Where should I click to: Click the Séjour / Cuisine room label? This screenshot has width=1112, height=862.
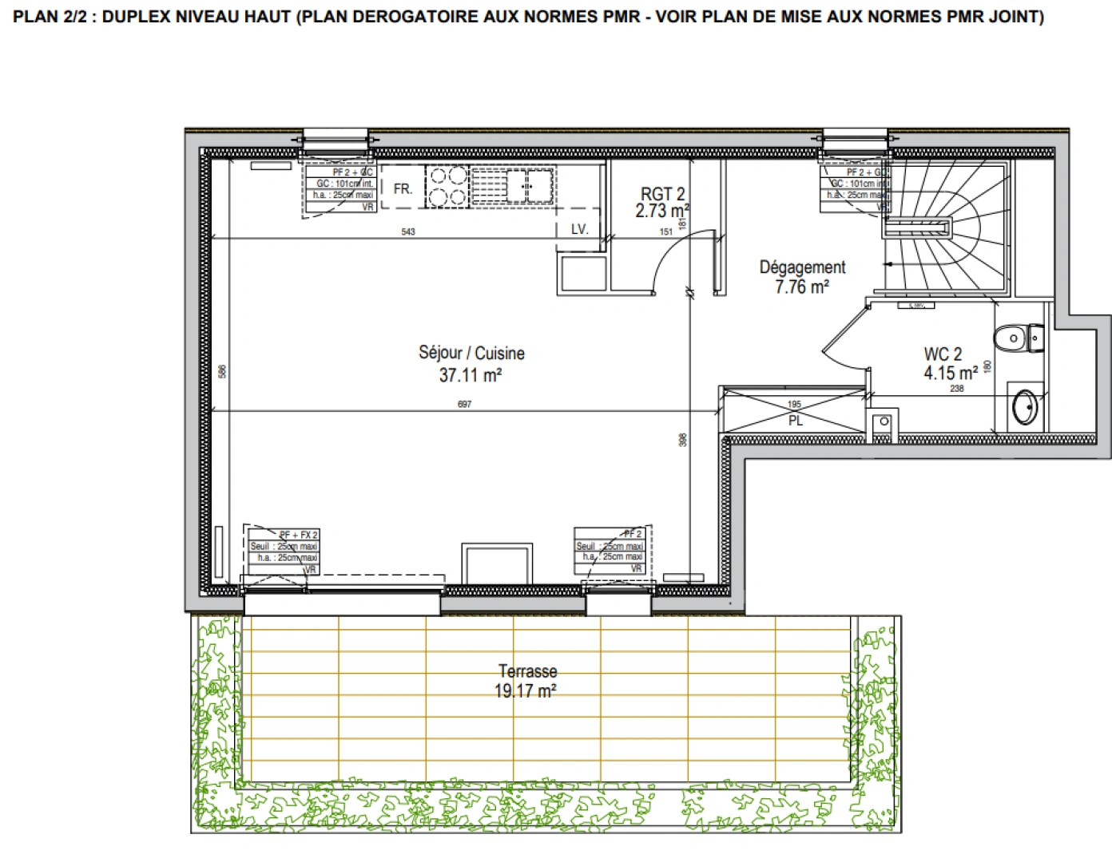(471, 353)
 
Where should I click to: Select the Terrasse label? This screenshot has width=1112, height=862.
(527, 671)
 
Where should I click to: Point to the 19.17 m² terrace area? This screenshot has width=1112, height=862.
(525, 690)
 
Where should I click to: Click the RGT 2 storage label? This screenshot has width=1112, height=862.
(662, 194)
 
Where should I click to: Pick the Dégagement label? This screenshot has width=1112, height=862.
(802, 267)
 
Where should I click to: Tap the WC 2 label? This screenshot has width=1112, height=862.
(943, 354)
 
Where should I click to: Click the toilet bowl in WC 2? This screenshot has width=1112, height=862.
(1015, 338)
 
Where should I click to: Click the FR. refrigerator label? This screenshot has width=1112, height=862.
(403, 189)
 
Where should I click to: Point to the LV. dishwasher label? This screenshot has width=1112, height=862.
(580, 229)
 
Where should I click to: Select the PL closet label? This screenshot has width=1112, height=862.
(795, 421)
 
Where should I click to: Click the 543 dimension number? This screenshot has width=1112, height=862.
(408, 232)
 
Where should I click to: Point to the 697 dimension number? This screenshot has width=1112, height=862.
(464, 405)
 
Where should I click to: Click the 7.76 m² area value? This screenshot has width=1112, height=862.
(801, 287)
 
